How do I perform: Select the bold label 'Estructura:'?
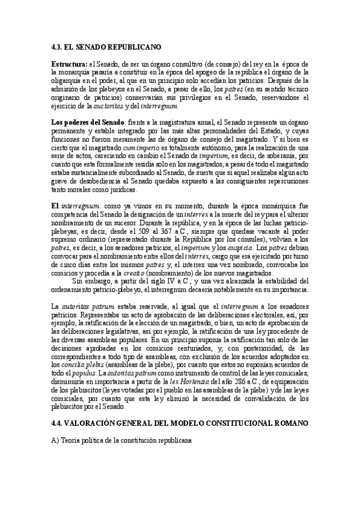pyautogui.click(x=69, y=64)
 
